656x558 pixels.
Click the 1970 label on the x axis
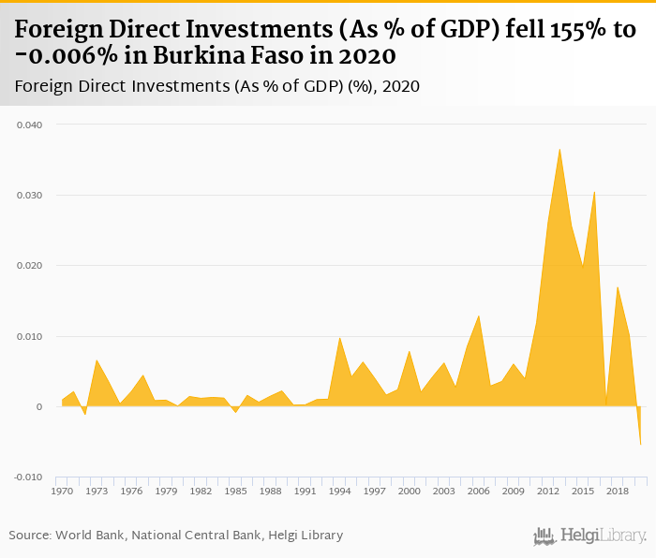tap(63, 491)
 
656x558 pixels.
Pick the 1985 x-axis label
tap(236, 491)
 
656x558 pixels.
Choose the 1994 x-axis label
tap(340, 491)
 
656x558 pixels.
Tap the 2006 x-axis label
tap(479, 491)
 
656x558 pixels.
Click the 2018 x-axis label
tap(618, 491)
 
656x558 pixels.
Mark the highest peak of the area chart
tap(559, 149)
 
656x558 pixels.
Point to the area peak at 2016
tap(594, 191)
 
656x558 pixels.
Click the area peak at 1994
tap(340, 337)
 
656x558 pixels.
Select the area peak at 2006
tap(479, 316)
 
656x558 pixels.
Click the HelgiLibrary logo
tap(590, 536)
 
